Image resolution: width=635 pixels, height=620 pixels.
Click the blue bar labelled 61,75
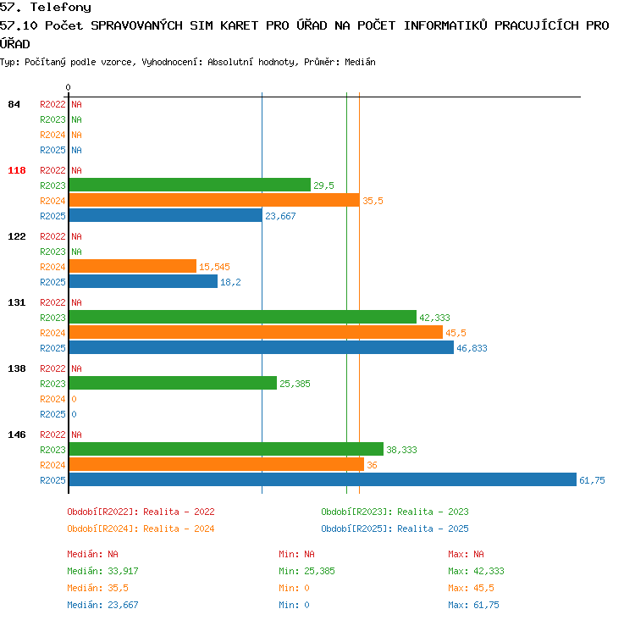pos(323,479)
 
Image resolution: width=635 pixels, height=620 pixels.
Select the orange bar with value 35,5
pos(214,200)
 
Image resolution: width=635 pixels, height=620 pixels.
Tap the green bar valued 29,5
pos(190,185)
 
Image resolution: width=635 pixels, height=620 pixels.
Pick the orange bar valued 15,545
pos(133,266)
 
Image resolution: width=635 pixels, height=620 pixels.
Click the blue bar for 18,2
pos(143,281)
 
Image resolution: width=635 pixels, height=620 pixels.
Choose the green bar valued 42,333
pos(243,317)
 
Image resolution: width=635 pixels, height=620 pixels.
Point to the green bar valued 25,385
pos(173,383)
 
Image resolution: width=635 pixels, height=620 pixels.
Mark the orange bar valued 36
pos(217,464)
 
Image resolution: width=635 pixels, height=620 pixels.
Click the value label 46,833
pos(472,348)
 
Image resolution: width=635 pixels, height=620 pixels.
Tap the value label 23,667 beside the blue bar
pos(280,216)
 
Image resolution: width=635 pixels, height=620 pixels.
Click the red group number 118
pos(17,170)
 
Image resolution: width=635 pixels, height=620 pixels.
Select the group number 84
pos(14,104)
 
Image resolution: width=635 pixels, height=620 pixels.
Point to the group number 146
pos(17,435)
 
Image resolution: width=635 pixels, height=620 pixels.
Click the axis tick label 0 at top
pos(68,87)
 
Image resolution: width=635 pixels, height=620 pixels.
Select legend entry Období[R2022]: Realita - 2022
pos(141,512)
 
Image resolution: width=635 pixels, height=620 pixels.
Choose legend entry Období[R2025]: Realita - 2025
pos(395,529)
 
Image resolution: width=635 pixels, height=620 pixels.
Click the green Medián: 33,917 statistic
pos(102,571)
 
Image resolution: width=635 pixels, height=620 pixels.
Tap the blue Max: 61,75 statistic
pos(473,605)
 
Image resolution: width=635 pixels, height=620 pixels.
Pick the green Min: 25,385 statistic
pos(306,571)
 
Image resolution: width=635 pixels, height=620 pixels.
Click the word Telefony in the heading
pos(61,8)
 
